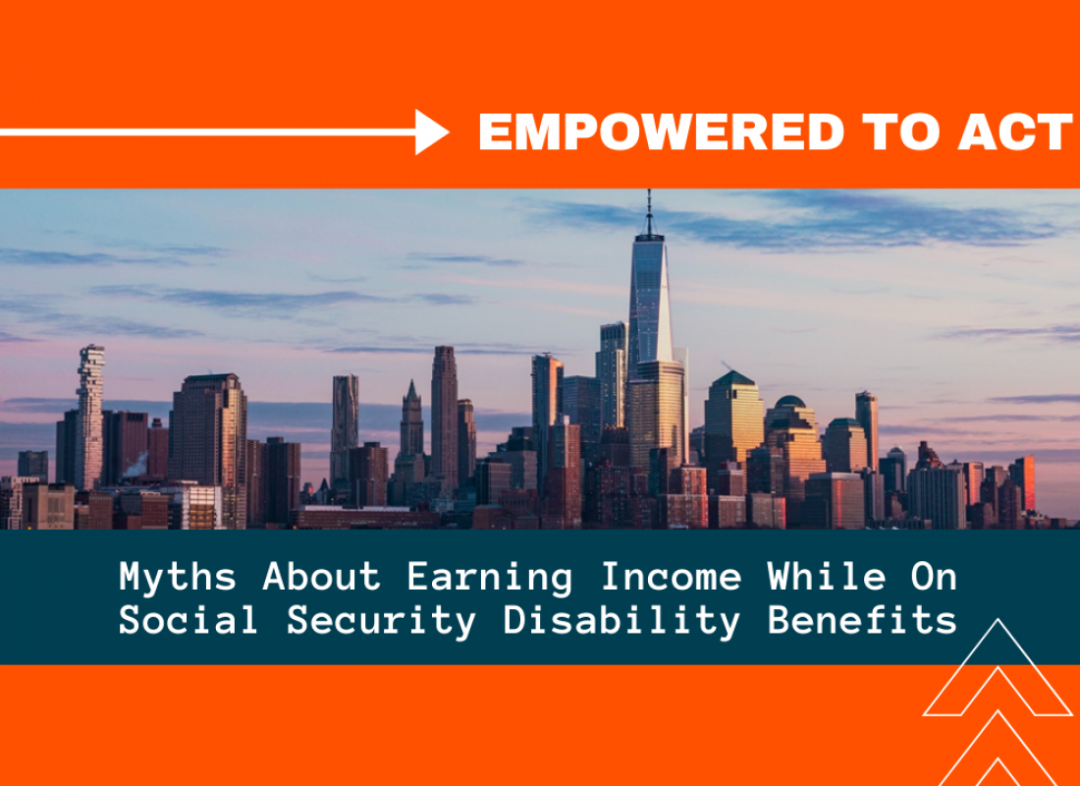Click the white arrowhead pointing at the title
click(x=432, y=132)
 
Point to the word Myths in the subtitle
click(x=178, y=578)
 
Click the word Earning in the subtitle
click(x=489, y=578)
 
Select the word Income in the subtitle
click(x=671, y=577)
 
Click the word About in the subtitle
click(x=322, y=577)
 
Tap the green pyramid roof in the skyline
click(x=733, y=378)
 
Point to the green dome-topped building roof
click(x=790, y=401)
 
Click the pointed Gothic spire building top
click(x=412, y=394)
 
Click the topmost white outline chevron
click(x=998, y=667)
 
